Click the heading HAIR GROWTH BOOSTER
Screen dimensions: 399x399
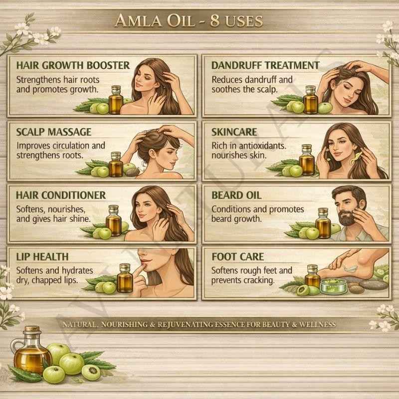[x=73, y=65]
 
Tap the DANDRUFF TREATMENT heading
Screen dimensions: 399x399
[x=265, y=65]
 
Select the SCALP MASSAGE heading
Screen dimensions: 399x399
[x=54, y=132]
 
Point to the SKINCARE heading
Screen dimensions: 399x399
[x=234, y=132]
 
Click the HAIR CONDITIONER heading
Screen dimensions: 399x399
[x=61, y=195]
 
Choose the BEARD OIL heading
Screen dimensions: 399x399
[x=236, y=195]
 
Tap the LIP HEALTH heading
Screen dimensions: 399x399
[x=42, y=257]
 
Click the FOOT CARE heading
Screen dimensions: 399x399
[x=238, y=257]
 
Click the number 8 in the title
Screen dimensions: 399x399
[x=215, y=20]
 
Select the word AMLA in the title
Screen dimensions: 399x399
[x=138, y=20]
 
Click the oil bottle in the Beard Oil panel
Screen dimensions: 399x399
[x=323, y=223]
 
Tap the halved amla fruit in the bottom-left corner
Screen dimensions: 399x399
[x=91, y=372]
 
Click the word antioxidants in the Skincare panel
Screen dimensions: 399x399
[x=262, y=146]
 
